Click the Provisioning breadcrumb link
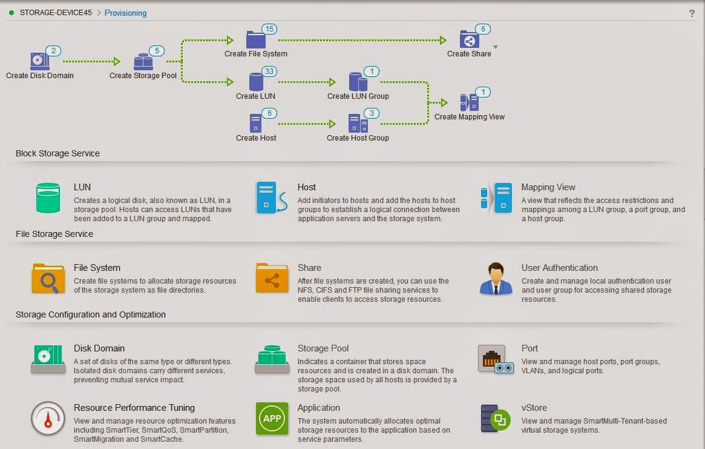pyautogui.click(x=125, y=13)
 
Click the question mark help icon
pyautogui.click(x=692, y=13)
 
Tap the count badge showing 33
pyautogui.click(x=269, y=71)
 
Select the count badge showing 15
pyautogui.click(x=269, y=29)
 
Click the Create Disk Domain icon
pyautogui.click(x=39, y=61)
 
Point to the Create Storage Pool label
pyautogui.click(x=143, y=76)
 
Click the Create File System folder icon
pyautogui.click(x=256, y=39)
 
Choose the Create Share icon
pyautogui.click(x=469, y=39)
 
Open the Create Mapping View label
pyautogui.click(x=470, y=116)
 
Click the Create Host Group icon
pyautogui.click(x=358, y=124)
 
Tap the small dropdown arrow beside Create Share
pyautogui.click(x=496, y=47)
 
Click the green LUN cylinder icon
pyautogui.click(x=48, y=198)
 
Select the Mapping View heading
pyautogui.click(x=548, y=187)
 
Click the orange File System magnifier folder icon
pyautogui.click(x=48, y=279)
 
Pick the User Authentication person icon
pyautogui.click(x=496, y=279)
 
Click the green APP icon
pyautogui.click(x=272, y=418)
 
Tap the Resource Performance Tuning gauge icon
pyautogui.click(x=48, y=418)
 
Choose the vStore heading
pyautogui.click(x=534, y=408)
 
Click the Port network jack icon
pyautogui.click(x=496, y=359)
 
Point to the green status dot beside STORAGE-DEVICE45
pyautogui.click(x=11, y=13)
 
